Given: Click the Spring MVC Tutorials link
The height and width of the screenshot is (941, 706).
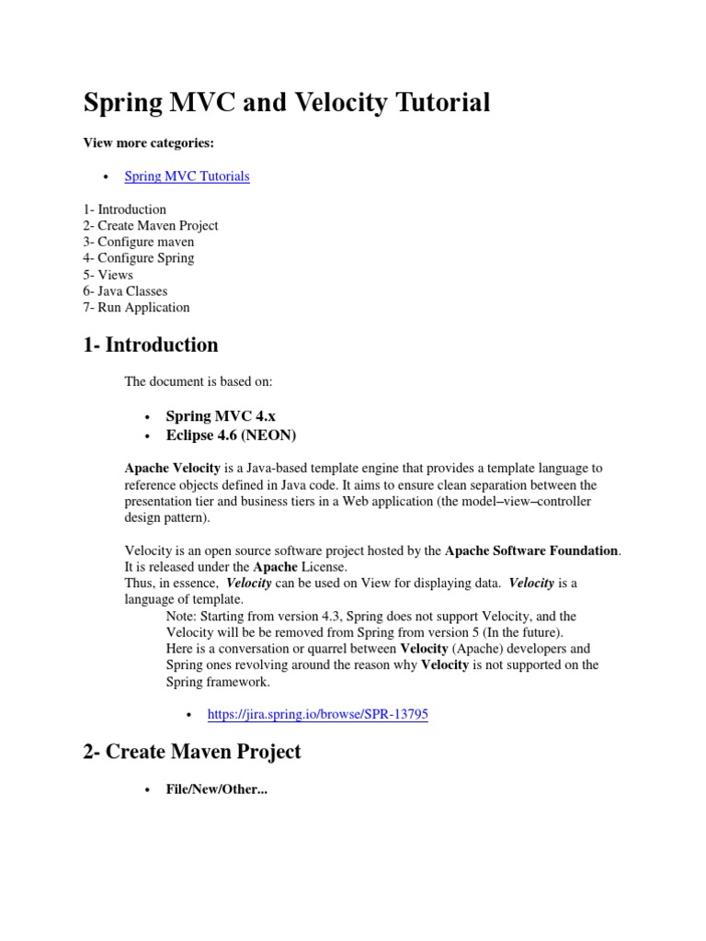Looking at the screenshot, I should tap(187, 176).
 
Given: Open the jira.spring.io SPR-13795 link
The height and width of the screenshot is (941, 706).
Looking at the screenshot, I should tap(317, 714).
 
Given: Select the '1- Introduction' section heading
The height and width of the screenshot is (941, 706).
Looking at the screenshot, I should tap(151, 346).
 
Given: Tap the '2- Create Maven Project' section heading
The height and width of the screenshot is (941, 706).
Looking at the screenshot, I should tap(192, 752).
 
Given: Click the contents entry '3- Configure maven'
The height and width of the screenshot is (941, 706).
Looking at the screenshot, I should tap(138, 242).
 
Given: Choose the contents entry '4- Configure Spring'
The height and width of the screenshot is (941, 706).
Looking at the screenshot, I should tap(138, 258).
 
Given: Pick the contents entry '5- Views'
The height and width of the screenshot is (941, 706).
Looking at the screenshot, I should tap(108, 275).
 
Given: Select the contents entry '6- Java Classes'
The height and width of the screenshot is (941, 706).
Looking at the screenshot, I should tap(125, 291).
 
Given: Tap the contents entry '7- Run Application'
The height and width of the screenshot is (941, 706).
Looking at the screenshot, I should tap(136, 308).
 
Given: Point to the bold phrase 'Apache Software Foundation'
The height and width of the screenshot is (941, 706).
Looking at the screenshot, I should tap(532, 551).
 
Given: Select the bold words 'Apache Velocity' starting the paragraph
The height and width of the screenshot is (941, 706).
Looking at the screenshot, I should tap(172, 469).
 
